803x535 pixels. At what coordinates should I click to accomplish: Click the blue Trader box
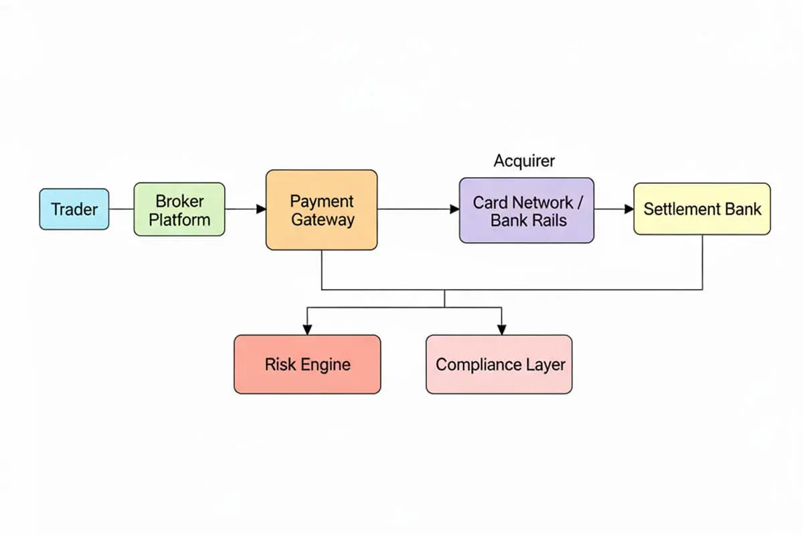[74, 209]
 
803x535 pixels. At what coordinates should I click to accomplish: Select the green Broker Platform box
[179, 209]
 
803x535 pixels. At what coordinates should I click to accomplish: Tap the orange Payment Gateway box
[322, 210]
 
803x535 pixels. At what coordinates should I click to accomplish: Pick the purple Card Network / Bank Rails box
[526, 210]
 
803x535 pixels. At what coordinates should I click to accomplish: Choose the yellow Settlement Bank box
[702, 209]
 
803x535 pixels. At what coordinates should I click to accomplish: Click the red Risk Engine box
[307, 364]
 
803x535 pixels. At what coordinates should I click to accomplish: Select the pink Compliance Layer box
[499, 364]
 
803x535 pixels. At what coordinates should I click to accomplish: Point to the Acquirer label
[524, 161]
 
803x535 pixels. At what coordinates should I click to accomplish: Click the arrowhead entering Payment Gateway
[261, 209]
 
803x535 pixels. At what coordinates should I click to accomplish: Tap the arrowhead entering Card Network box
[454, 209]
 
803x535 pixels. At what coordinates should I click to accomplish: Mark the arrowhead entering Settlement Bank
[629, 209]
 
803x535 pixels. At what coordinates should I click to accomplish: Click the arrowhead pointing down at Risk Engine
[307, 329]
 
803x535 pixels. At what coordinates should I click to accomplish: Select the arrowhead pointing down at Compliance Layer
[501, 329]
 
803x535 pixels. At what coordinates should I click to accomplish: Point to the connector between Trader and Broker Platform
[121, 209]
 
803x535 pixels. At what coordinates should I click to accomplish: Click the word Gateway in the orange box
[323, 219]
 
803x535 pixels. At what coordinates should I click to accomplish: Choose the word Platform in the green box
[179, 219]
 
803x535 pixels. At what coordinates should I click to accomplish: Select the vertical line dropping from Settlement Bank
[702, 262]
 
